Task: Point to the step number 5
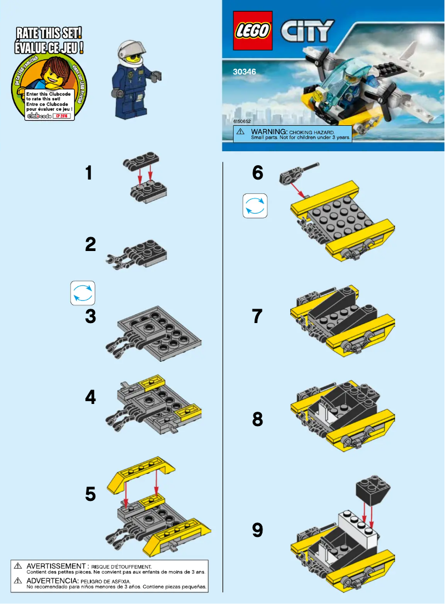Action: pyautogui.click(x=91, y=494)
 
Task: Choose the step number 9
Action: pyautogui.click(x=257, y=530)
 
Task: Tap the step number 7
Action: pyautogui.click(x=257, y=317)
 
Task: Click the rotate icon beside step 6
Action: pyautogui.click(x=255, y=206)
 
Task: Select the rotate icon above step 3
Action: pyautogui.click(x=83, y=293)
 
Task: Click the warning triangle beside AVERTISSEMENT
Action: pyautogui.click(x=18, y=566)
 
